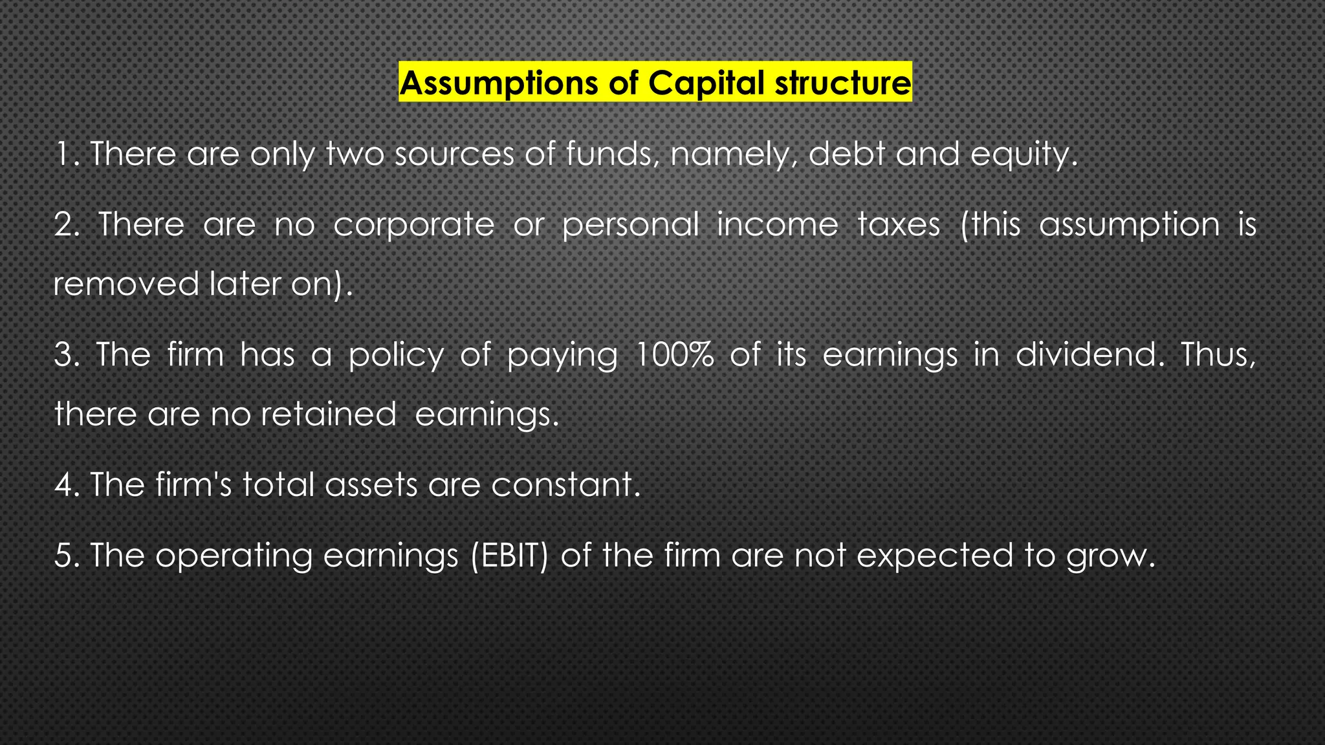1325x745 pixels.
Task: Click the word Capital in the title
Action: (706, 83)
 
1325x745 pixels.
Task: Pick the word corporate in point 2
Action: (414, 225)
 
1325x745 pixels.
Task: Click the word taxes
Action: (899, 225)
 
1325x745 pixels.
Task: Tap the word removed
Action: (126, 284)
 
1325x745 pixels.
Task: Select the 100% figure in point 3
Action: (674, 354)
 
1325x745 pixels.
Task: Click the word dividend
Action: (1085, 354)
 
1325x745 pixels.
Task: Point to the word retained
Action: (328, 414)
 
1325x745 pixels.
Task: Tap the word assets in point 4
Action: (371, 484)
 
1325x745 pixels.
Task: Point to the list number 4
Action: (64, 484)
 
